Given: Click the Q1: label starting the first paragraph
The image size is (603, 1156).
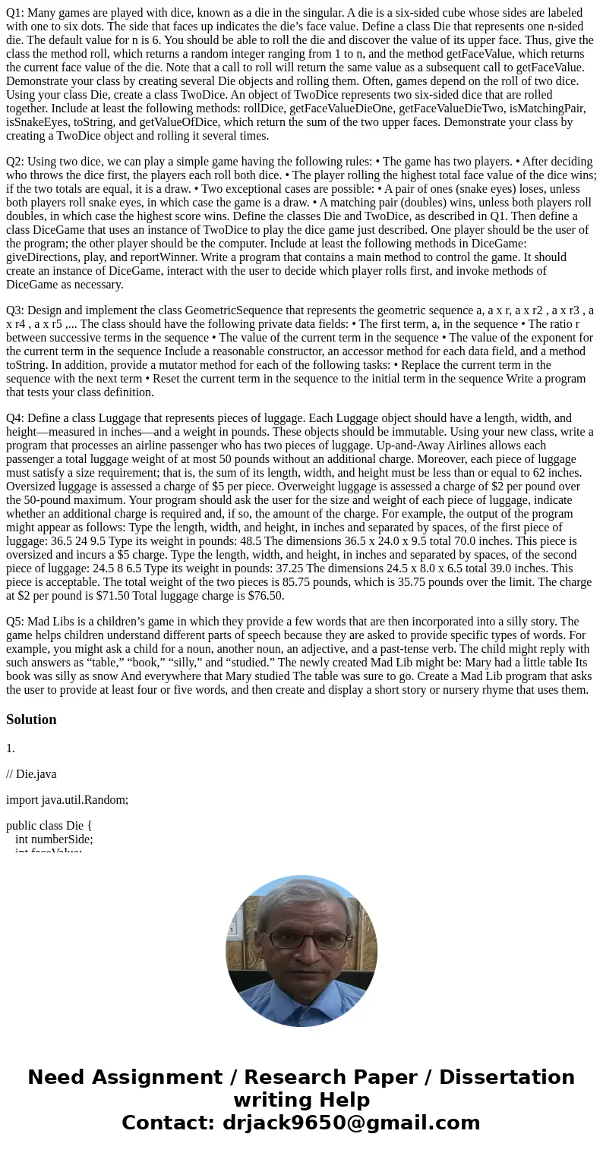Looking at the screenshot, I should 16,13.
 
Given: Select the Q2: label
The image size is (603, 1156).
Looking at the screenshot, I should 16,162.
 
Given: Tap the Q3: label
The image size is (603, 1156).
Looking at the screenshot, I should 16,310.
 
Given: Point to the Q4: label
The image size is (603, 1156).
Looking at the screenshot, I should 16,418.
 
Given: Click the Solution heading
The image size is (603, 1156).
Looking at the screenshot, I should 31,720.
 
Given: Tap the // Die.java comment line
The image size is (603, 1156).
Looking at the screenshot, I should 31,774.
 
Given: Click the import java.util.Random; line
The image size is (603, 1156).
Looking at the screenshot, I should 67,800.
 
